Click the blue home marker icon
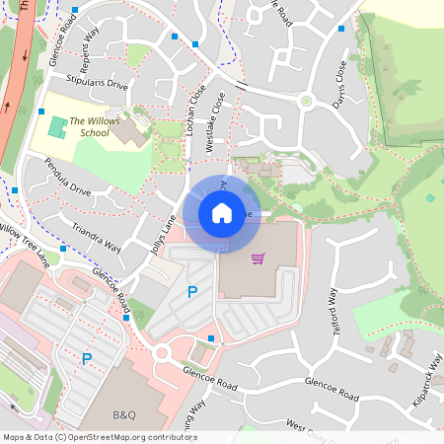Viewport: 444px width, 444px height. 222,212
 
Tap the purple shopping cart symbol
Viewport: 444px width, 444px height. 259,259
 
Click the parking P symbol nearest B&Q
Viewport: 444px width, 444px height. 86,359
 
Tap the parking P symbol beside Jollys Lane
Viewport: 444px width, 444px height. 192,291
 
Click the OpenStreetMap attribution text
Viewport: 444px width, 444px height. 99,437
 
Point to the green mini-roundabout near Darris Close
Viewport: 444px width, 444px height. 306,101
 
